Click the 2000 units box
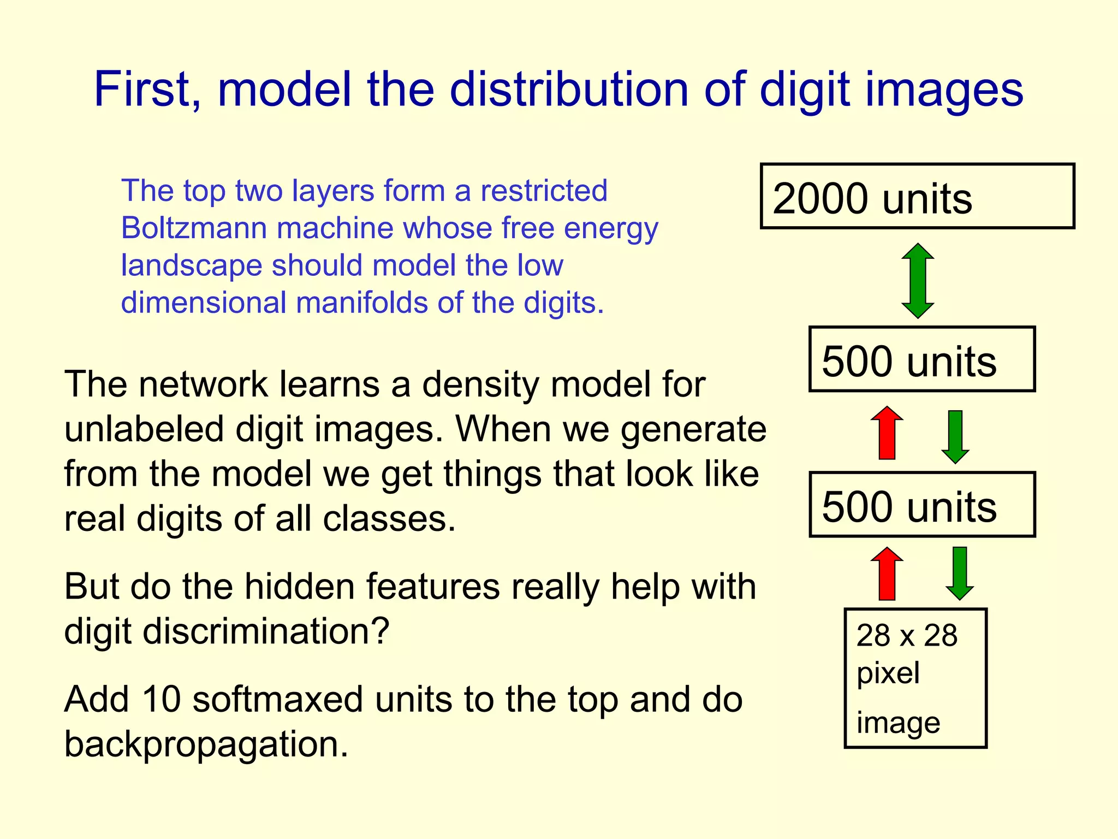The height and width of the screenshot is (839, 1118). pos(917,196)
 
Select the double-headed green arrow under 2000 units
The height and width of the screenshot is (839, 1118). pos(918,281)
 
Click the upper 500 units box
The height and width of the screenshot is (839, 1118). pos(922,359)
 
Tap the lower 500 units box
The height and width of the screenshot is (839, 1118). pos(922,505)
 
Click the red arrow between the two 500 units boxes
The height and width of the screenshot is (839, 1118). pos(887,433)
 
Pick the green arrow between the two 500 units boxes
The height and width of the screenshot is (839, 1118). pos(955,436)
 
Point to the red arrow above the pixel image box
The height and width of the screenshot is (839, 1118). pos(887,574)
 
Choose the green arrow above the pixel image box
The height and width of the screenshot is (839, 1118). pos(960,574)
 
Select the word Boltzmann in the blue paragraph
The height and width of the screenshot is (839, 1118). pos(194,228)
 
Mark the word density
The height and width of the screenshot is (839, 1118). pos(481,385)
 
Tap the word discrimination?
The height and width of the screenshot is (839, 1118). pos(266,631)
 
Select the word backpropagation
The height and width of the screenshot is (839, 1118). pos(206,745)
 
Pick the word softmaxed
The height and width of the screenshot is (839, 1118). pos(277,699)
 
